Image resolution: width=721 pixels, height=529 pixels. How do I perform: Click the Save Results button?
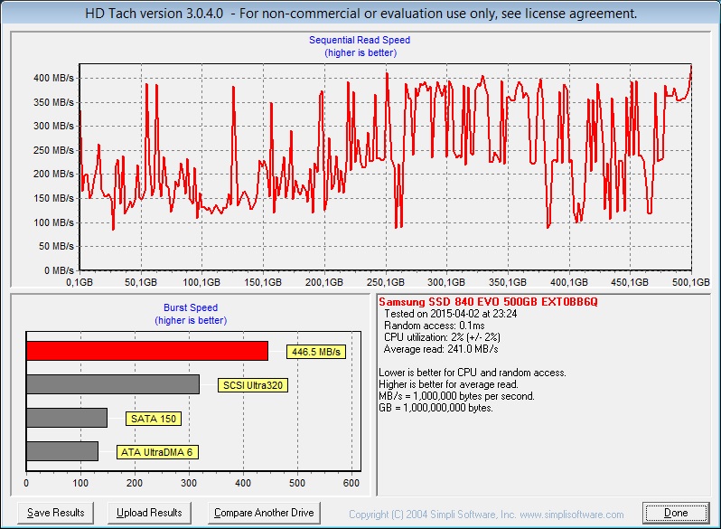point(56,513)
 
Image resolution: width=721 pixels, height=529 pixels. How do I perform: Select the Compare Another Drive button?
point(264,513)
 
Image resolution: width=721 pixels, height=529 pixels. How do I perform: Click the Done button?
point(676,513)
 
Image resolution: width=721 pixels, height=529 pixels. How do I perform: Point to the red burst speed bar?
point(147,351)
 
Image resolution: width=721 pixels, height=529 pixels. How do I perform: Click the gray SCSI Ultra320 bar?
point(113,384)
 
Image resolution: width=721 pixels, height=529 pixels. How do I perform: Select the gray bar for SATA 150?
point(67,418)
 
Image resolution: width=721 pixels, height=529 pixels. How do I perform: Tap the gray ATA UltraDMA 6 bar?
point(62,451)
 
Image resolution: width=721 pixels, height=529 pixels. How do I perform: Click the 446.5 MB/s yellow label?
point(316,352)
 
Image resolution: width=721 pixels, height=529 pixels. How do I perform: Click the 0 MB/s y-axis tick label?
point(60,270)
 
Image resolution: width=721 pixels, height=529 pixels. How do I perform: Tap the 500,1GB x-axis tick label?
point(691,282)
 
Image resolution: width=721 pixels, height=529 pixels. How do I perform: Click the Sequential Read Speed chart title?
point(360,40)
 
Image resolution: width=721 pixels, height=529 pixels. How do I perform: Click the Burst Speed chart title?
point(190,307)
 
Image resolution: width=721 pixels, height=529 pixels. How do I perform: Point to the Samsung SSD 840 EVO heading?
point(488,301)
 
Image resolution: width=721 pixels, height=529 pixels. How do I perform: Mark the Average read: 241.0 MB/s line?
point(441,348)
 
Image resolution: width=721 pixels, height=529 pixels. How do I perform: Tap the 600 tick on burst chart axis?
point(352,485)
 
